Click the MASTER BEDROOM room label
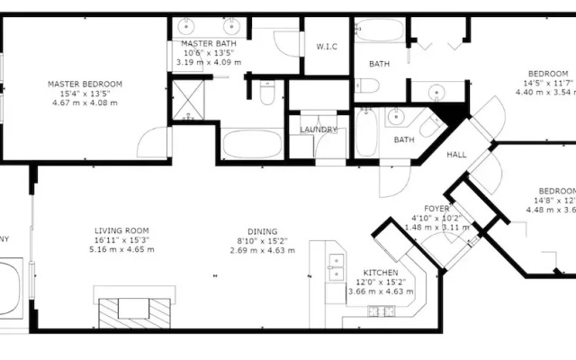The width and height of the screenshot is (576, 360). click(x=85, y=84)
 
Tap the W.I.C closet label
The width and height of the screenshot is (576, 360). click(x=326, y=47)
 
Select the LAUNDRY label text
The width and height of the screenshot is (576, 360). click(x=318, y=130)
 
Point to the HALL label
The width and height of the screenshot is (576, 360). click(x=456, y=155)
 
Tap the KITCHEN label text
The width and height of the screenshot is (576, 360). click(x=382, y=272)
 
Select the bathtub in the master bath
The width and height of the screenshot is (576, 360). click(x=252, y=145)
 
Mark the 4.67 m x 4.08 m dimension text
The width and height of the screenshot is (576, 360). click(x=85, y=103)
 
